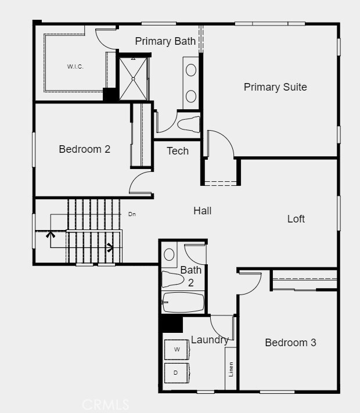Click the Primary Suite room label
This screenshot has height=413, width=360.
(x=275, y=87)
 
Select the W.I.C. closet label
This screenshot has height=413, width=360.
(x=75, y=66)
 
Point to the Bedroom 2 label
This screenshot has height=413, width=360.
(x=85, y=149)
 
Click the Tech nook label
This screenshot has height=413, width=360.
(x=178, y=151)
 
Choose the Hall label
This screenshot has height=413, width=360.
(x=203, y=211)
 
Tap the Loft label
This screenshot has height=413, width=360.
(x=296, y=219)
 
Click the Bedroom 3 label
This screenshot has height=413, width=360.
(x=290, y=343)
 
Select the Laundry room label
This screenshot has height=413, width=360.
(x=210, y=340)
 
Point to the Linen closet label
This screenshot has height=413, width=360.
(x=231, y=368)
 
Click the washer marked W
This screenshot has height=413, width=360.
(x=177, y=349)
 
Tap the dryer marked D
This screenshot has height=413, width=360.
(x=176, y=372)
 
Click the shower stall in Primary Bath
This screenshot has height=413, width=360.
(x=133, y=78)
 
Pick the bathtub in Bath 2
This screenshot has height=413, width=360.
(x=183, y=303)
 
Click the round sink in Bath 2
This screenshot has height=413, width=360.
(x=170, y=254)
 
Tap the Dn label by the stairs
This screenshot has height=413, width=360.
(x=132, y=214)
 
